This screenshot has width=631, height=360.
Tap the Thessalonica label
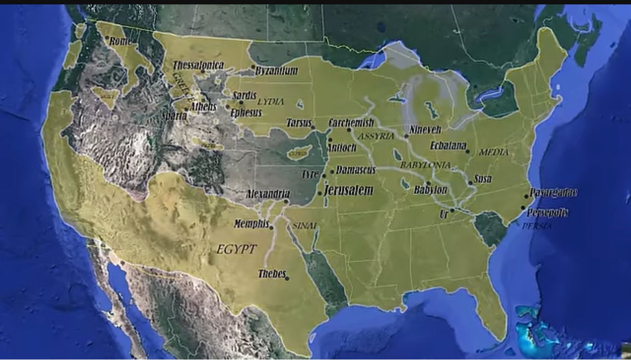point(198,65)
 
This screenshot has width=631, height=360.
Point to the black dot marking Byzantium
point(253,67)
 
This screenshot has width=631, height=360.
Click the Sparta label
point(175,116)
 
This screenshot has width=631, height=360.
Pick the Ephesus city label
point(246,112)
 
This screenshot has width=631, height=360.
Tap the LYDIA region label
point(270,101)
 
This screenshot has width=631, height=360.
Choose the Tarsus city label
point(299,123)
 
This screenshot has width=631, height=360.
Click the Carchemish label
point(351,123)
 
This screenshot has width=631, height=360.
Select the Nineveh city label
point(425,129)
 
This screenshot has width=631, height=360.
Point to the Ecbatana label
point(448,146)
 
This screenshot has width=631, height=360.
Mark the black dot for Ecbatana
point(467,151)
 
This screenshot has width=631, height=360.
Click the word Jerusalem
point(349,190)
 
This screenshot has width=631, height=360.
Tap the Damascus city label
point(356,170)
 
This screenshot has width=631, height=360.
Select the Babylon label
point(430,190)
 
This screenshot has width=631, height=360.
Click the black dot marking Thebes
point(287,278)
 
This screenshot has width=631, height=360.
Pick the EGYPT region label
point(236,249)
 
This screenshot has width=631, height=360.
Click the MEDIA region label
point(494,152)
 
